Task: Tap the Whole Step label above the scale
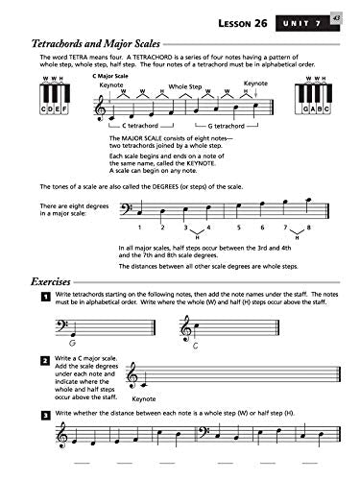[186, 86]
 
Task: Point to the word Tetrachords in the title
[65, 43]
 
